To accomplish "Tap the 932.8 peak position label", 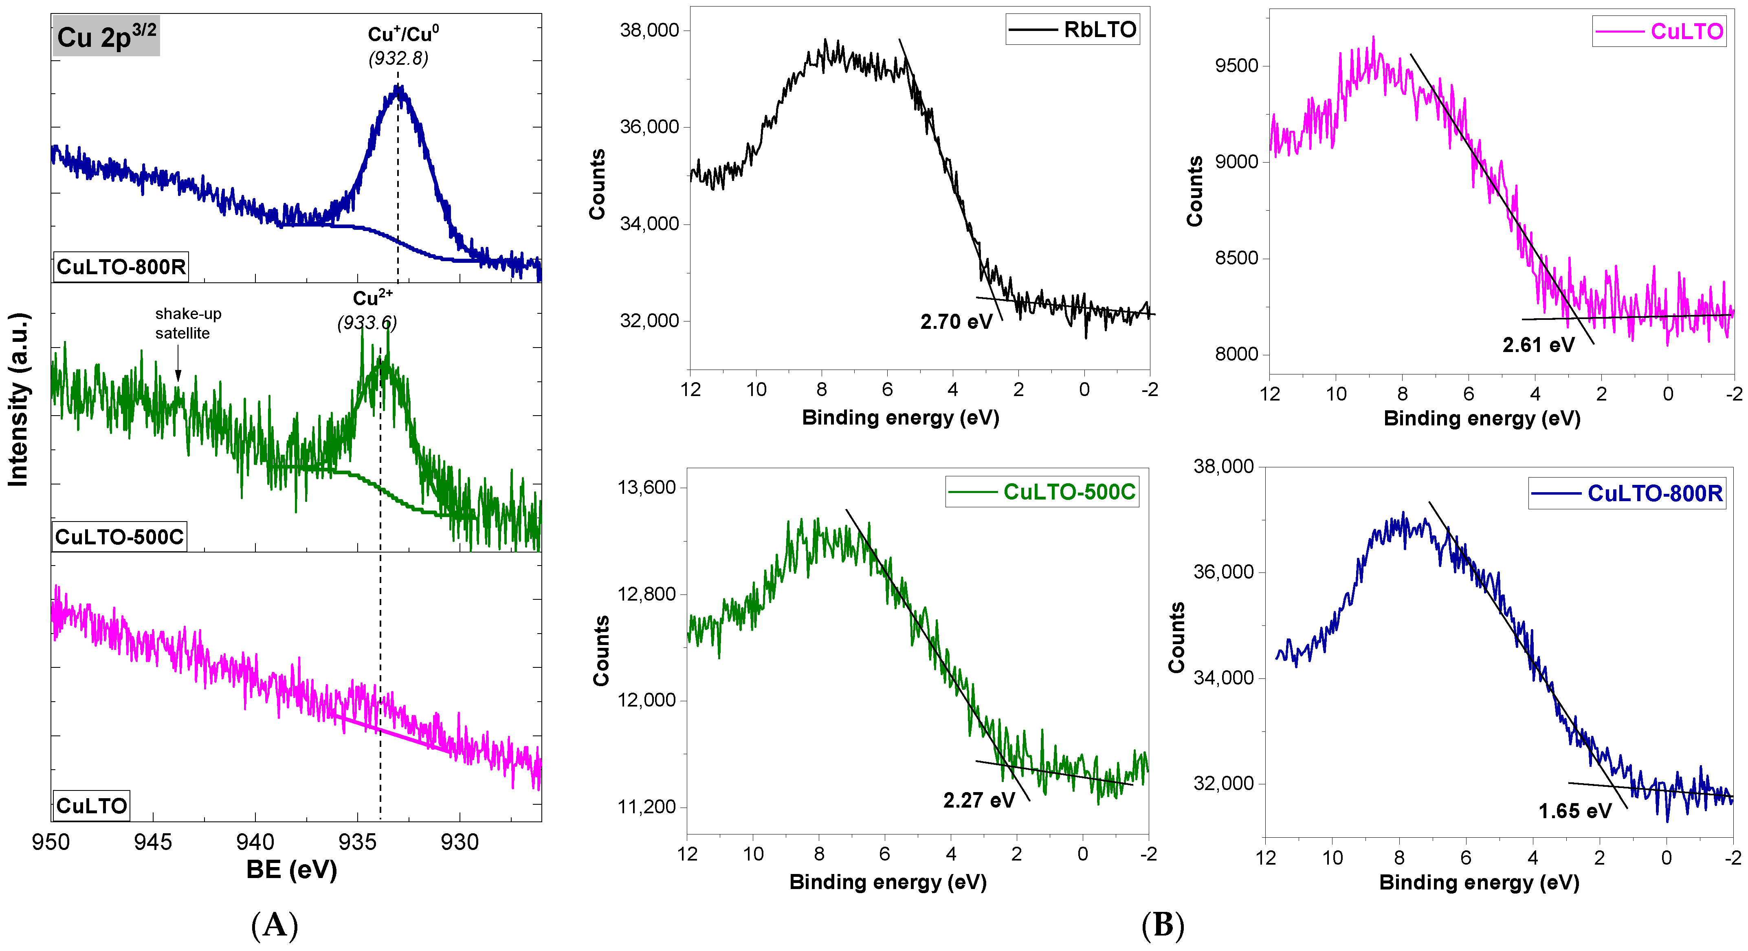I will tap(398, 58).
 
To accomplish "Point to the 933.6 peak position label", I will tap(367, 322).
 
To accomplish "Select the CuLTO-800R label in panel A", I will tap(121, 267).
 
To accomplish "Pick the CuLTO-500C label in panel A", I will tap(119, 537).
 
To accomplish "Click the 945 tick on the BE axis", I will tap(153, 842).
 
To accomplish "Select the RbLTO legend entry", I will tap(1073, 30).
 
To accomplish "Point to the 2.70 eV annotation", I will tap(956, 322).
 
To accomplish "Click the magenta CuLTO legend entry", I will tap(1659, 31).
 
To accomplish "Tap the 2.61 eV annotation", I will tap(1538, 346).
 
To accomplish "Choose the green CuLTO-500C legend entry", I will tap(1042, 492).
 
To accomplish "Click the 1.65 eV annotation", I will tap(1574, 811).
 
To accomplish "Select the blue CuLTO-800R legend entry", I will tap(1627, 493).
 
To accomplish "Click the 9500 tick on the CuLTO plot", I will tap(1236, 66).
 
